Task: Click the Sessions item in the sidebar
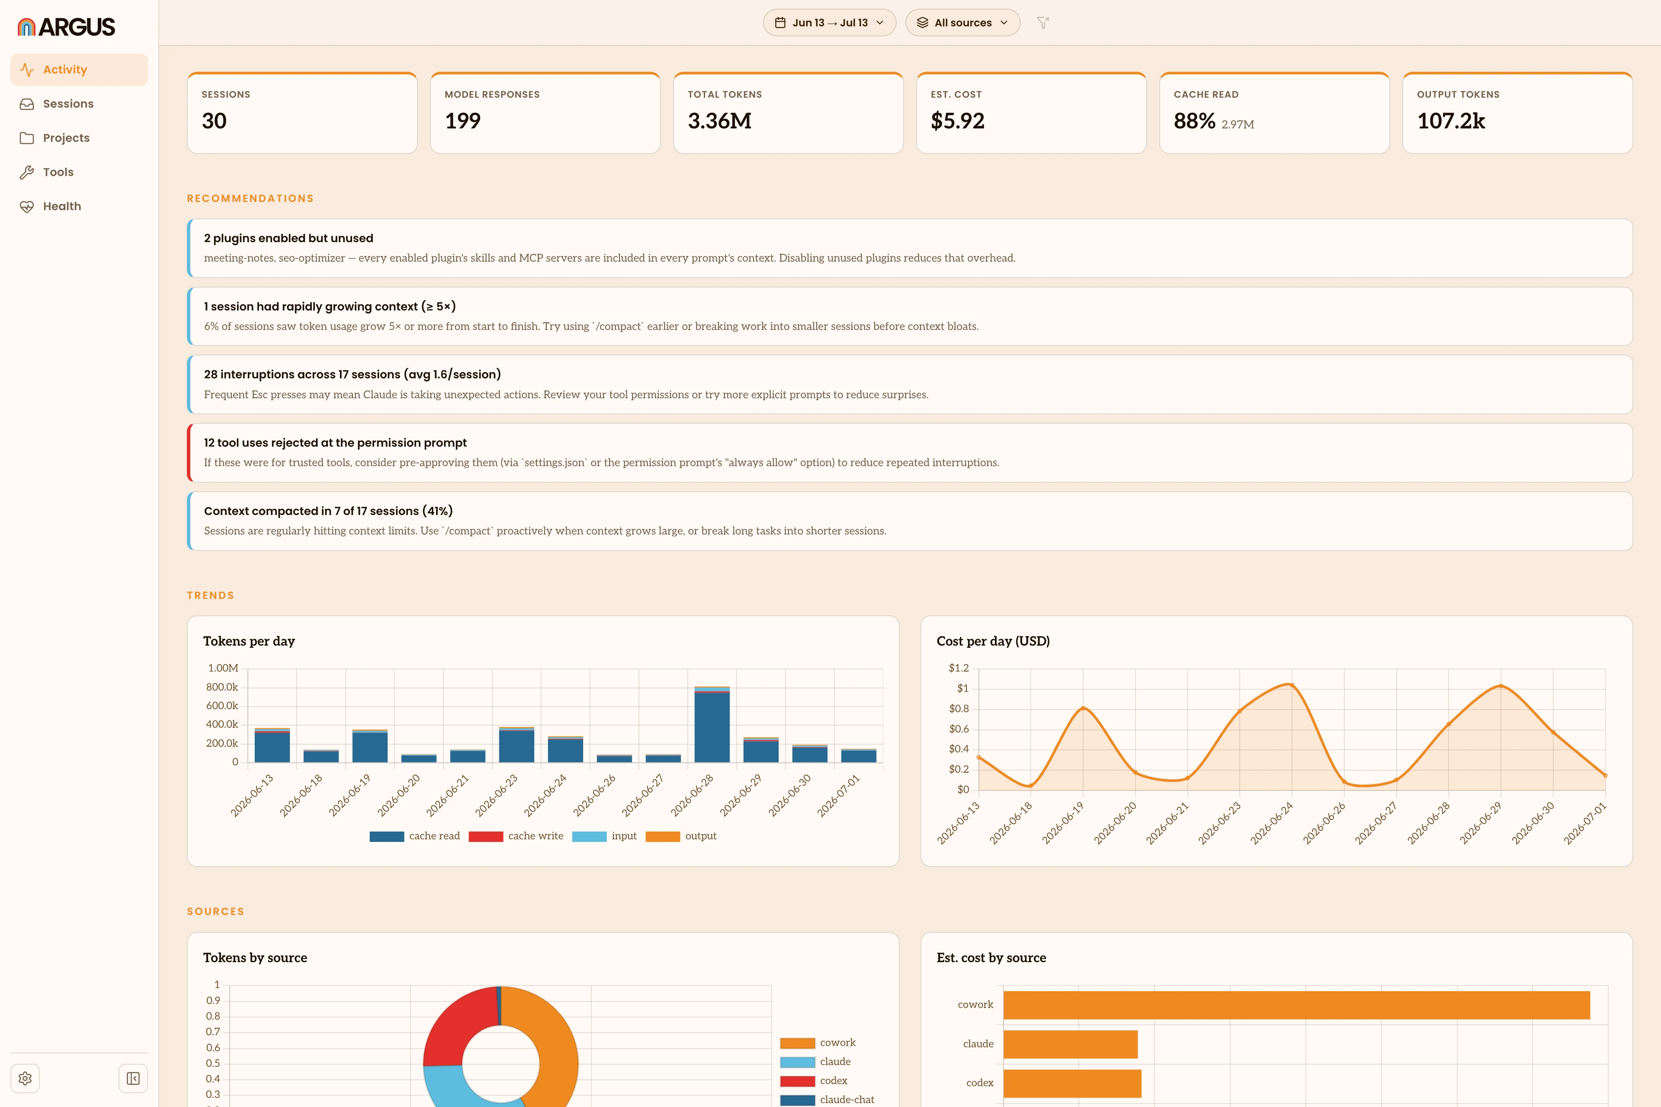pos(68,104)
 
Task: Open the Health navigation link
pos(62,206)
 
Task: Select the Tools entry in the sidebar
pos(58,172)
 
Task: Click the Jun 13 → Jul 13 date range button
pos(829,22)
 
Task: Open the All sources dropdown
pos(962,22)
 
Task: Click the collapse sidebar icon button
pos(133,1078)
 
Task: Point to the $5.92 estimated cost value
pos(957,121)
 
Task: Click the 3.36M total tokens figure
pos(719,121)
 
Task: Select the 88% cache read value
pos(1194,121)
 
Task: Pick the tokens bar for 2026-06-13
pos(272,745)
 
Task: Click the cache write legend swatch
pos(486,837)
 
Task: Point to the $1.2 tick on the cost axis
pos(959,668)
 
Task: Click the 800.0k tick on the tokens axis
pos(222,687)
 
